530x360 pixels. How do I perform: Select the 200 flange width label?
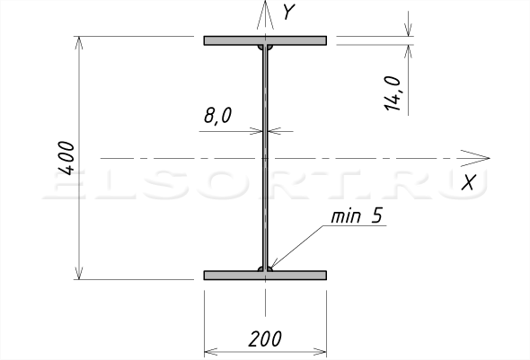pyautogui.click(x=265, y=338)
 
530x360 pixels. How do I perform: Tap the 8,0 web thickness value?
pyautogui.click(x=218, y=116)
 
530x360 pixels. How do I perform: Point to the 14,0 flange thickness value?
pyautogui.click(x=392, y=93)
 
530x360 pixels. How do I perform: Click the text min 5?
pyautogui.click(x=357, y=216)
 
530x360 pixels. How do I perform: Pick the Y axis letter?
pyautogui.click(x=289, y=13)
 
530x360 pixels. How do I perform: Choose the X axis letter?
pyautogui.click(x=469, y=182)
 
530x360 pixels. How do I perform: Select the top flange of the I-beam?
pyautogui.click(x=265, y=40)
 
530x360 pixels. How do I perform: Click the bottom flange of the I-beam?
pyautogui.click(x=265, y=276)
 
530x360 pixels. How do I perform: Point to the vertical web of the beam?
pyautogui.click(x=265, y=158)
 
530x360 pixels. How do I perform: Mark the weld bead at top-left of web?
pyautogui.click(x=261, y=47)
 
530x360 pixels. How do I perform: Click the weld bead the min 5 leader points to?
pyautogui.click(x=269, y=268)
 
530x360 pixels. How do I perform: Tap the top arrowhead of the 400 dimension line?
pyautogui.click(x=79, y=43)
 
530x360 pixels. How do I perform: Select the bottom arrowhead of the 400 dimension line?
pyautogui.click(x=79, y=273)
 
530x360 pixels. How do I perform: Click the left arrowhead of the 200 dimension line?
pyautogui.click(x=211, y=352)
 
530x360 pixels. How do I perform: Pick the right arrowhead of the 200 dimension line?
pyautogui.click(x=320, y=352)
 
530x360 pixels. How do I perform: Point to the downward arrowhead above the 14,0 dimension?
pyautogui.click(x=409, y=30)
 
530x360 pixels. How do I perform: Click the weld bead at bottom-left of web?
pyautogui.click(x=261, y=268)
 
